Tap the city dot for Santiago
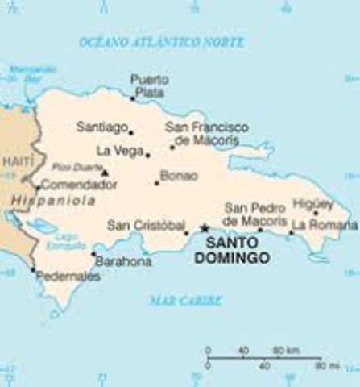(x=131, y=132)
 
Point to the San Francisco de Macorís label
(x=206, y=133)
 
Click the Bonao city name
(x=178, y=174)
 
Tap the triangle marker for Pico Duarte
(x=105, y=171)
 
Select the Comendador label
(x=78, y=185)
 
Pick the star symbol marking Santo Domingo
(x=205, y=228)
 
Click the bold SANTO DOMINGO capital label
(x=237, y=249)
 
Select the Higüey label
(x=313, y=202)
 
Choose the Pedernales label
(x=68, y=277)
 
